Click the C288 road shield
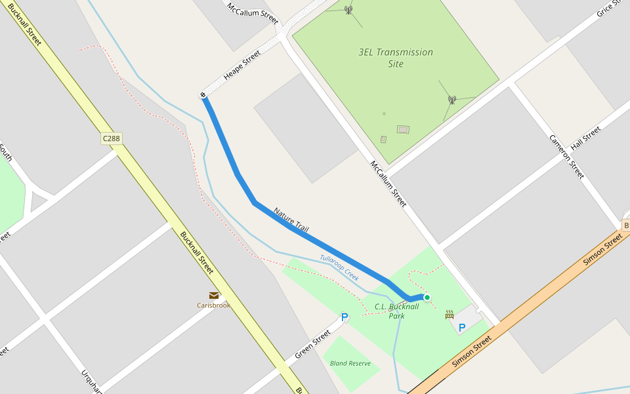coord(112,139)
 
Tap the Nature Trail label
coord(291,219)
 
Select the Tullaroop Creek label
coord(339,267)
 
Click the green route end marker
coord(427,297)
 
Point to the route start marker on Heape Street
coord(203,96)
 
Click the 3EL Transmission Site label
coord(396,58)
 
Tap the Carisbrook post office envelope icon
coord(214,295)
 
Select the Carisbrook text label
coord(214,305)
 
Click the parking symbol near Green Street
coord(344,318)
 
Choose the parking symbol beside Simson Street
coord(462,327)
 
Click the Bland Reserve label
coord(350,363)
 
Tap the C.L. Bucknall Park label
coord(396,311)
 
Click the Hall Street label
coord(585,139)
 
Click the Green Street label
coord(312,345)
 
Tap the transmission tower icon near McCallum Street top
coord(348,9)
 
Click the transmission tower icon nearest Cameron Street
coord(451,100)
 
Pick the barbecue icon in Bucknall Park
coord(450,315)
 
